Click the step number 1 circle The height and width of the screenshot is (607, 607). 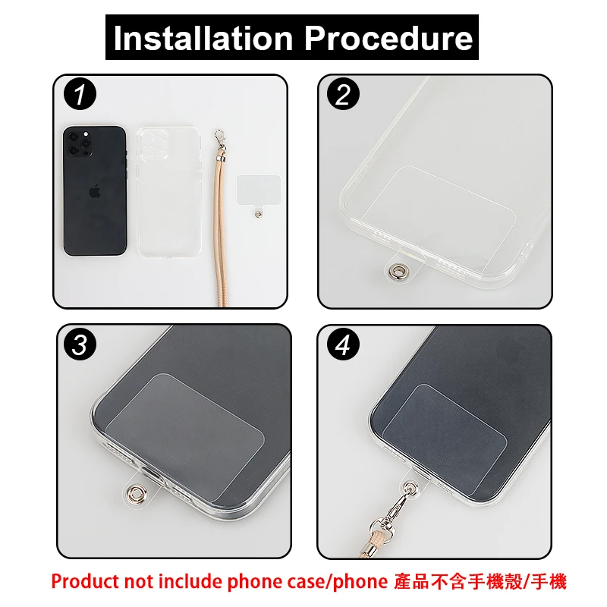80,93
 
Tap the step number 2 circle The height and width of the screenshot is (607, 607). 343,93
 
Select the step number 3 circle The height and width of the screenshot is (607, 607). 80,344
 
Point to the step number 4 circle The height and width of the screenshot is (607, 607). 343,344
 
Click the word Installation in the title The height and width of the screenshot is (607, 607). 203,37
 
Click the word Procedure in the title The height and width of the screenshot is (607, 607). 388,39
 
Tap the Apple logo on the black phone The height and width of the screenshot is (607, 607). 94,192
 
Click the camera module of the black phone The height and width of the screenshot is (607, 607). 80,143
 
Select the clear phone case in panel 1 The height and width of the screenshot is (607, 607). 168,192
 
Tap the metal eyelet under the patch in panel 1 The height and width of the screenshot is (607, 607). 257,213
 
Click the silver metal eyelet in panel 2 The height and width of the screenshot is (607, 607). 396,269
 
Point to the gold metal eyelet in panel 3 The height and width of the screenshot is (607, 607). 137,493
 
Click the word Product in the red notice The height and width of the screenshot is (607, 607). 84,582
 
